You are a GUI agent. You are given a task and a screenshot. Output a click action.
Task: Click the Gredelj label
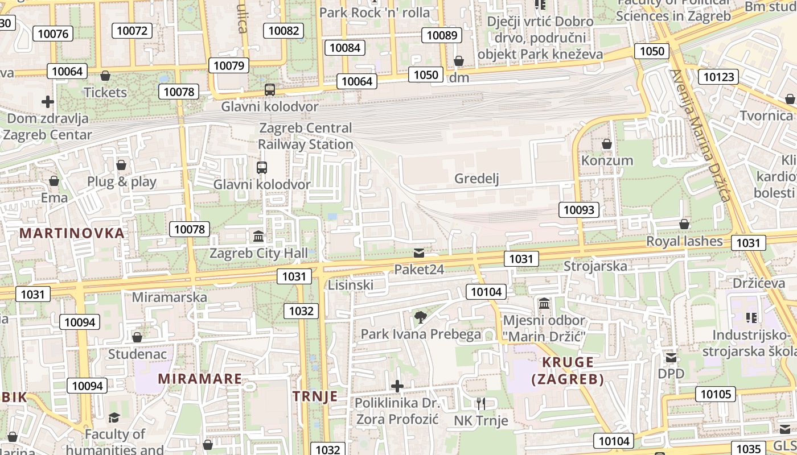tap(476, 179)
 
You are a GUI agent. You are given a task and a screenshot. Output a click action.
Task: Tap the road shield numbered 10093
tap(579, 210)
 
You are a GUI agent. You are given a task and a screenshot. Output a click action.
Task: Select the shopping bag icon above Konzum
tap(607, 144)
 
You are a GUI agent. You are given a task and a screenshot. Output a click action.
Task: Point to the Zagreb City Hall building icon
tap(258, 236)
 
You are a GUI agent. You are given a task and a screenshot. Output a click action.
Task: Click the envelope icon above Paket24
tap(419, 253)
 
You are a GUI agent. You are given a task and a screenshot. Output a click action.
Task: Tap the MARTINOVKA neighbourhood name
tap(72, 233)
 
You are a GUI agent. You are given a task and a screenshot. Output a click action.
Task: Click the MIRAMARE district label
tap(200, 379)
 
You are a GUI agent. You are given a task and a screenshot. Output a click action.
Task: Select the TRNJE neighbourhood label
tap(315, 396)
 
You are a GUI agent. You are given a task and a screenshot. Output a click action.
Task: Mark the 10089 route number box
tap(442, 35)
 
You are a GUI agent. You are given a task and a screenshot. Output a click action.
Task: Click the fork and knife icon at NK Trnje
tap(481, 404)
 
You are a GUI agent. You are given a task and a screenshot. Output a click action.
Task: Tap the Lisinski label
tap(351, 285)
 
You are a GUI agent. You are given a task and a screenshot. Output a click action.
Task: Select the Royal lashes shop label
tap(684, 241)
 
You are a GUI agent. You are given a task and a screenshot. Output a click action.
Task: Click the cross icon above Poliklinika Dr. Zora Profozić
tap(397, 387)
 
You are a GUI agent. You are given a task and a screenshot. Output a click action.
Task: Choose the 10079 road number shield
tap(229, 65)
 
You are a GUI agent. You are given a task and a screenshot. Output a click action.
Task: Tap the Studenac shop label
tap(138, 354)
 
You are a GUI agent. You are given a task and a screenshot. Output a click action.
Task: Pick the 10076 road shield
tap(53, 34)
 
